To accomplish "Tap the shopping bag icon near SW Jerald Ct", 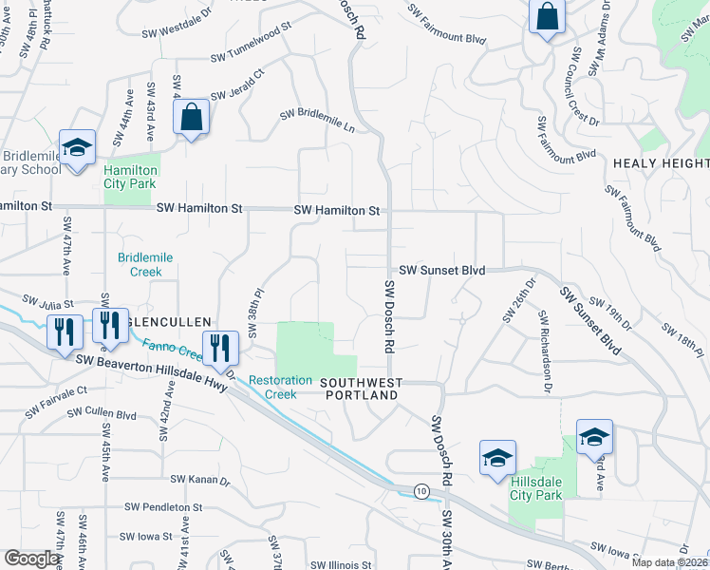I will click(x=191, y=119).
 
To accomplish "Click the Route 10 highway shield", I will click(x=420, y=490).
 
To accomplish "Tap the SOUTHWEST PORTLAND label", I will click(x=361, y=389).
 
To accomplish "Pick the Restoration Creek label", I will click(x=280, y=387).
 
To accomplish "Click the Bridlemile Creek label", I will click(x=140, y=264).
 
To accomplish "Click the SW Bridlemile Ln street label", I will click(x=317, y=121).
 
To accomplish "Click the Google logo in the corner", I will click(x=32, y=559).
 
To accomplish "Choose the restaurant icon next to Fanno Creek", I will click(x=221, y=348).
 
